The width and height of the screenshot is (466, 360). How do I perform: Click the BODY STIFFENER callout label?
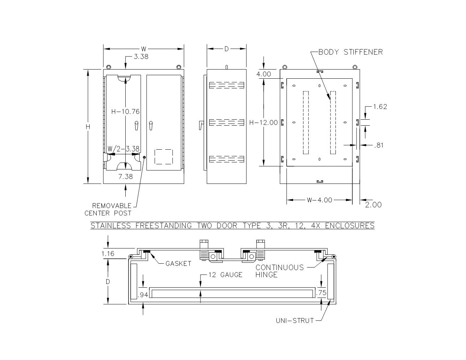(350, 52)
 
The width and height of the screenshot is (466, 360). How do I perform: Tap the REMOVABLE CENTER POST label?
(108, 209)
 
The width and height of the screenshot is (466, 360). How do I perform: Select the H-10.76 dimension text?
(125, 112)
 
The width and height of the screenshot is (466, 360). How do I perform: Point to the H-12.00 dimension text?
(263, 122)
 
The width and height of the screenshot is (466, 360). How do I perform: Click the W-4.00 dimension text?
(319, 200)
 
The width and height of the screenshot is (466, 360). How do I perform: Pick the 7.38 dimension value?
(125, 176)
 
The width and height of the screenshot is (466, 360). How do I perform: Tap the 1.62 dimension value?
(380, 107)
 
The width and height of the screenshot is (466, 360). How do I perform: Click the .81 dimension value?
(378, 145)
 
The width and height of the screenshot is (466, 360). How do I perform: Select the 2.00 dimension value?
(373, 205)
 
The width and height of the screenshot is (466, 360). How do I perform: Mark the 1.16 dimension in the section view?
(108, 253)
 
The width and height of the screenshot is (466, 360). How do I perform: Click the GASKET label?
(178, 264)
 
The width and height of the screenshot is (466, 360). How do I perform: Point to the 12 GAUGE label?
(225, 275)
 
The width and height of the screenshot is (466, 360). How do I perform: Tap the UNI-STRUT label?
(295, 321)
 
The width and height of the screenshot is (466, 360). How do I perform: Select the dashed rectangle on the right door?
(164, 157)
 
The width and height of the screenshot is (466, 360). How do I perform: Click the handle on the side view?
(202, 125)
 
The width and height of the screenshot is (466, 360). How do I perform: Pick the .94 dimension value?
(143, 295)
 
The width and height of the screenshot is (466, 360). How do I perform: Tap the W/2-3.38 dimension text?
(123, 149)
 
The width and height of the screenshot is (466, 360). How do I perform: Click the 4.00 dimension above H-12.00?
(264, 74)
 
